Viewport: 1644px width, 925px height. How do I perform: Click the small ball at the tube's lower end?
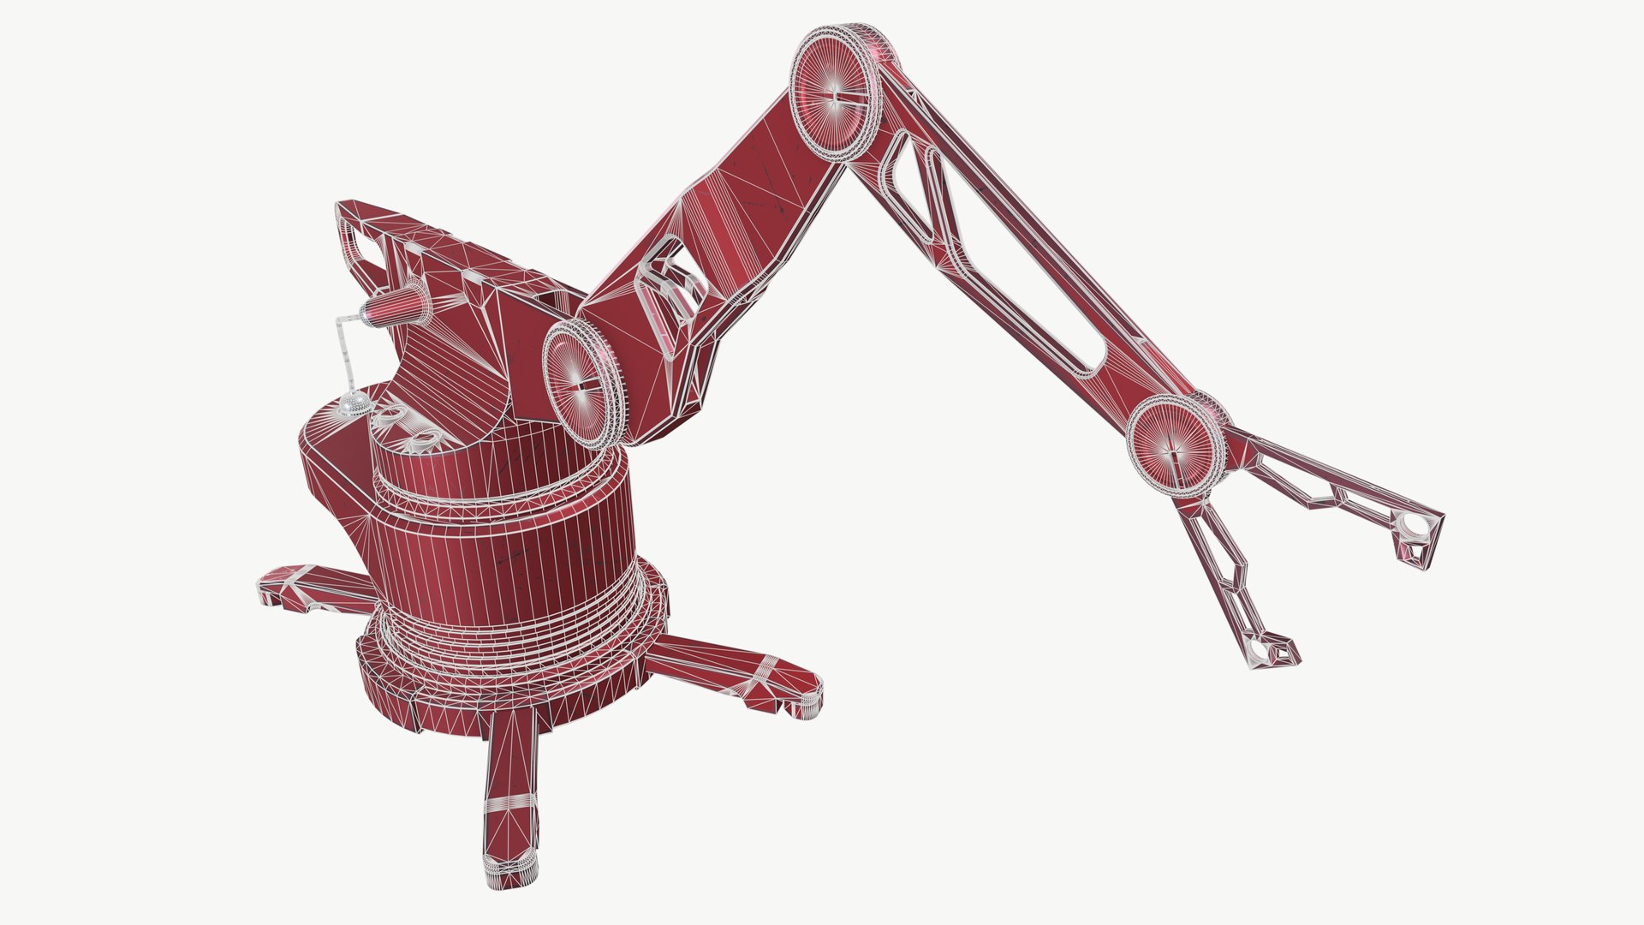pyautogui.click(x=353, y=403)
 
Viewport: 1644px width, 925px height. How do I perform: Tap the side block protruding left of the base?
pyautogui.click(x=334, y=488)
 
